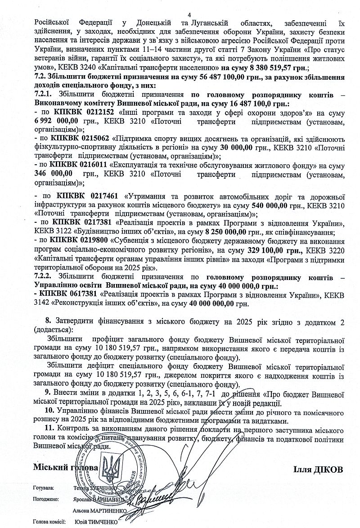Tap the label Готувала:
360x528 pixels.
click(44, 488)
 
